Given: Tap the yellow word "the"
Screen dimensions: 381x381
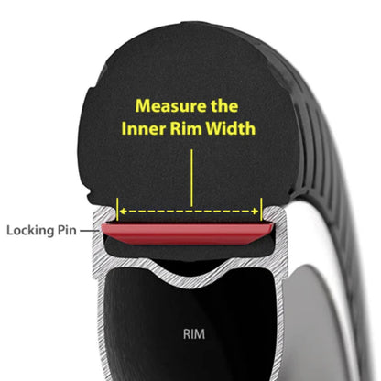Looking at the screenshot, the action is click(x=224, y=105).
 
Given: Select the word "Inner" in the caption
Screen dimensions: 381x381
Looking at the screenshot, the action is click(x=144, y=128).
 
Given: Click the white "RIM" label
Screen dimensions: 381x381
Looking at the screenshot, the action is click(x=194, y=334).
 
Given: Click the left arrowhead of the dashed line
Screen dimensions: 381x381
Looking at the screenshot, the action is click(x=123, y=212).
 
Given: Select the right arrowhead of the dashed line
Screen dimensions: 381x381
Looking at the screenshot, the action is click(x=256, y=212).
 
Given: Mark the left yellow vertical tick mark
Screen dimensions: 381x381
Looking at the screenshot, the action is click(x=117, y=209).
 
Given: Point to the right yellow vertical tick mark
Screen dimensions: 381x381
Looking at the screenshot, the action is click(x=261, y=209).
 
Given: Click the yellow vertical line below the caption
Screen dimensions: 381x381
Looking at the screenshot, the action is click(x=191, y=178).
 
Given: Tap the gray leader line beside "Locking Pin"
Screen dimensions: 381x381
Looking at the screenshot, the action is click(x=89, y=231).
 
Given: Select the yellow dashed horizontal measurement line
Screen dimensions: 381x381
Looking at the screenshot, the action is click(x=190, y=212).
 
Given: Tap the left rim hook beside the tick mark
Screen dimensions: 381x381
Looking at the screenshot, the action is click(x=106, y=213).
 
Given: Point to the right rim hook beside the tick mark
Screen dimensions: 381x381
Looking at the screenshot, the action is click(x=273, y=213).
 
